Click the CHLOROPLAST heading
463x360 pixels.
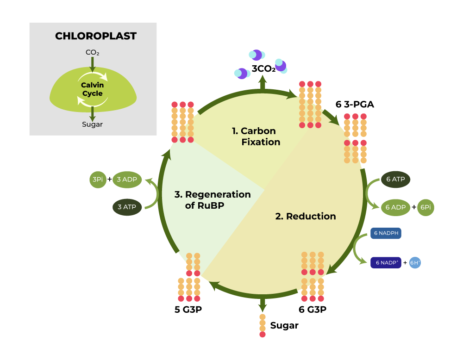coord(96,36)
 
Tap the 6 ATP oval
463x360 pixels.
coord(395,179)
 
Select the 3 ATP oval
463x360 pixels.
coord(127,207)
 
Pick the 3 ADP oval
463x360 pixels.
coord(127,179)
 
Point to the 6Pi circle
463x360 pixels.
coord(425,207)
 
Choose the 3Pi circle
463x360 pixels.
coord(97,179)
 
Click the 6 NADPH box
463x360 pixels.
coord(385,234)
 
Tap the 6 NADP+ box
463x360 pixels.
coord(385,263)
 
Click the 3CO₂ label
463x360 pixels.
coord(263,69)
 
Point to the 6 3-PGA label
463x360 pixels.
coord(355,105)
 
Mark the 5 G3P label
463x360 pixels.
coord(188,309)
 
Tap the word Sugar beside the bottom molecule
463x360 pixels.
coord(284,326)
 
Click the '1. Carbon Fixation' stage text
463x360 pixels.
coord(256,137)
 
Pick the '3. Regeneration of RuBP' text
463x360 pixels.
coord(213,200)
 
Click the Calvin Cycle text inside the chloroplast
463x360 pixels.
coord(93,89)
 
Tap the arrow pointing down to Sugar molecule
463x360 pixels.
coord(263,304)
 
